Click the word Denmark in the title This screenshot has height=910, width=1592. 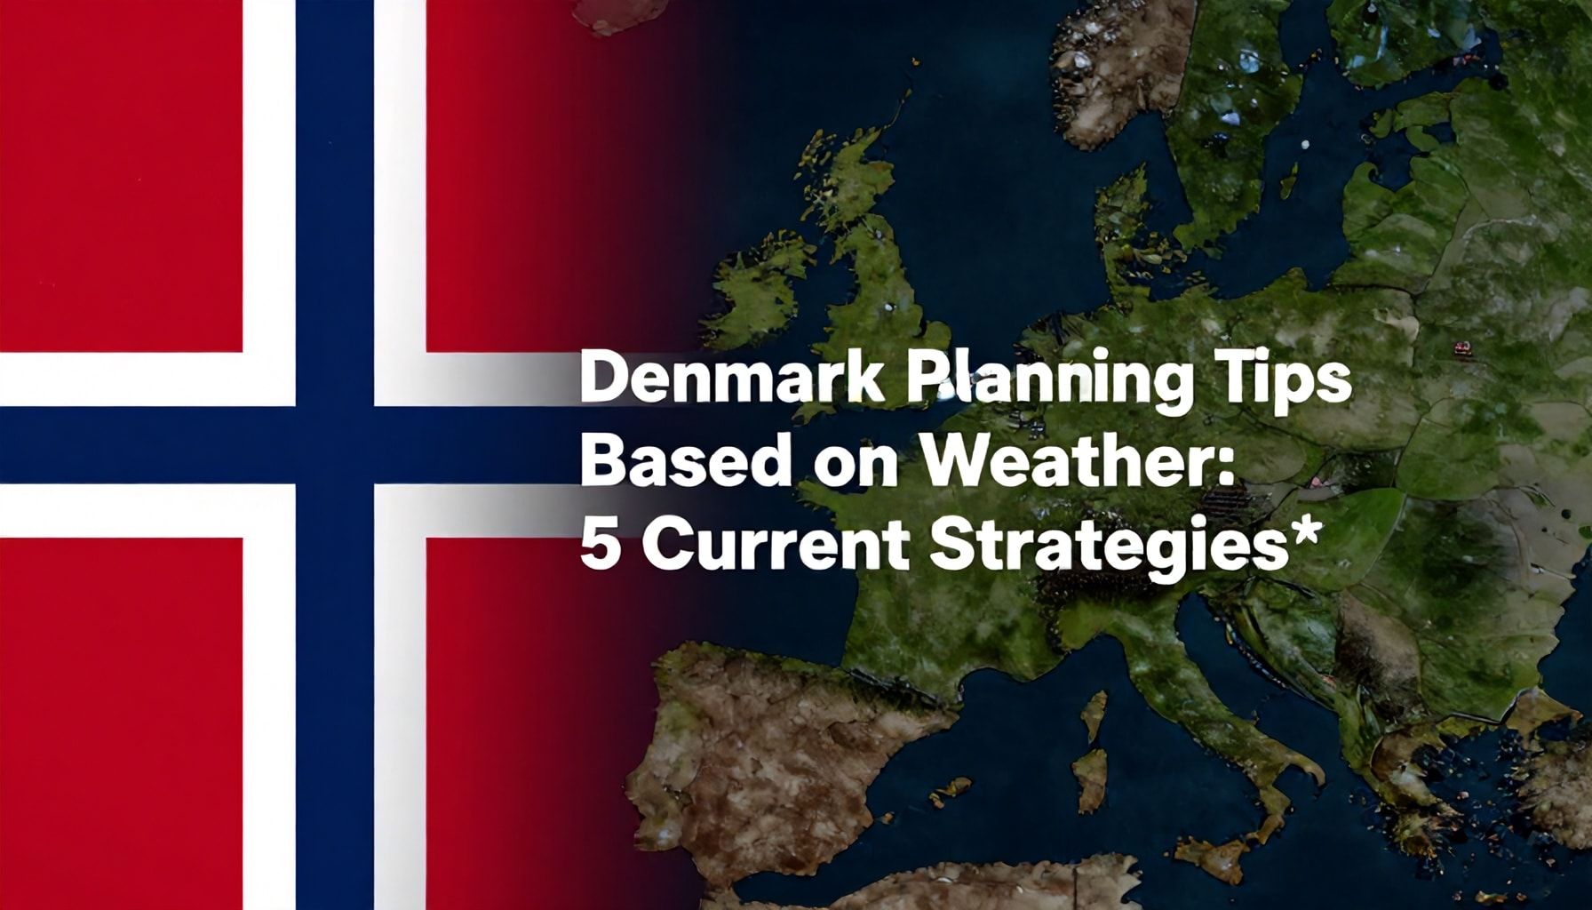pyautogui.click(x=730, y=382)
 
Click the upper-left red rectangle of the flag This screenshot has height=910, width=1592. pyautogui.click(x=121, y=176)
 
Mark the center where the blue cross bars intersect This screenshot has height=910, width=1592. pyautogui.click(x=335, y=444)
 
